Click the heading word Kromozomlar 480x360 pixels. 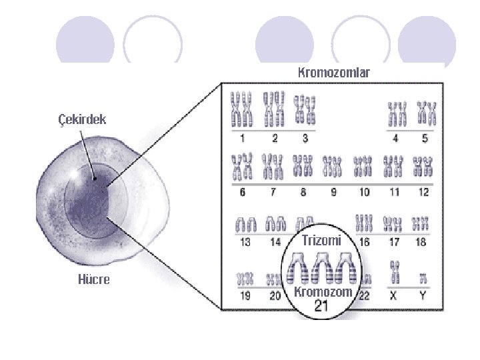coord(333,71)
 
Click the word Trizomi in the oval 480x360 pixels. coord(321,240)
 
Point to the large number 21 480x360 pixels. coord(322,307)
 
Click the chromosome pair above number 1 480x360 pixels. coord(243,110)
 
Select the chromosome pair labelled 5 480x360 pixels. coord(426,114)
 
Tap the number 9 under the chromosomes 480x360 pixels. coord(333,193)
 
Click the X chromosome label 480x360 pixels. coord(393,296)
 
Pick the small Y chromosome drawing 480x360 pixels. coord(423,277)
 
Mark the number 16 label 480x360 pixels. coord(364,243)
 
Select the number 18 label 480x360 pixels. coord(421,243)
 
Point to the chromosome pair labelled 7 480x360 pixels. coord(273,167)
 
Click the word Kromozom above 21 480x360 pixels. coord(322,292)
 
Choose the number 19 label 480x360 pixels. coord(245,296)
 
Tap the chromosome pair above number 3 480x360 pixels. coord(305,110)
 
